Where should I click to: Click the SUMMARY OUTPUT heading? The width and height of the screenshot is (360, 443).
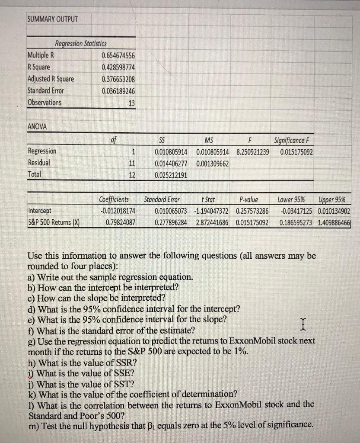(52, 19)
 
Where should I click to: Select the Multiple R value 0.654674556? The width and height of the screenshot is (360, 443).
(118, 55)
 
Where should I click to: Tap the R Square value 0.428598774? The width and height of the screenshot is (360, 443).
(118, 67)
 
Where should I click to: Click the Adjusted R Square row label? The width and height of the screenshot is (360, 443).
(51, 79)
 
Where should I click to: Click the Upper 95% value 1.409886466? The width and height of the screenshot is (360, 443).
(335, 223)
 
